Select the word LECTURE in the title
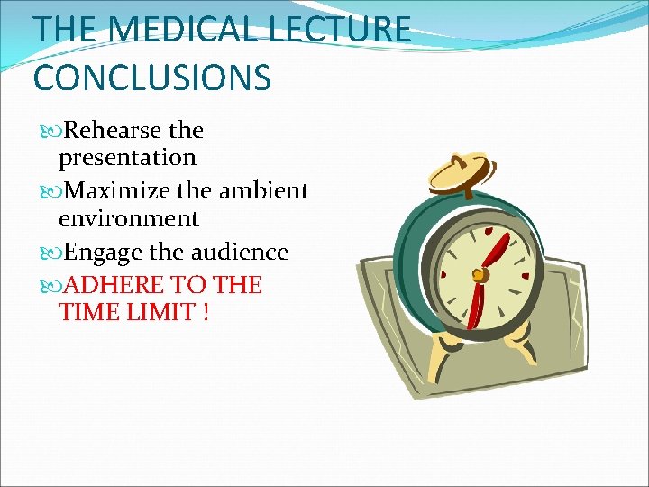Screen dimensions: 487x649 pyautogui.click(x=343, y=29)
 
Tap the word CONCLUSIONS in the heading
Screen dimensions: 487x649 pyautogui.click(x=151, y=78)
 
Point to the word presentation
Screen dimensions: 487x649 pyautogui.click(x=127, y=158)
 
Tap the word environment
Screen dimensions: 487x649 pyautogui.click(x=129, y=218)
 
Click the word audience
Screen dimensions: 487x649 pyautogui.click(x=242, y=253)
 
